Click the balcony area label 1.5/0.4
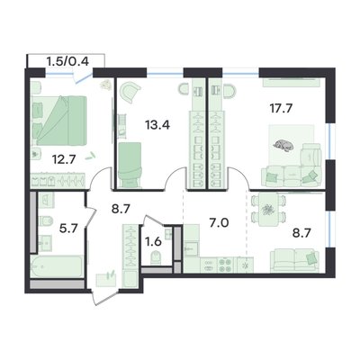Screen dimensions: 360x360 (67, 61)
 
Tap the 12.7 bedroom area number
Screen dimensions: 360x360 (64, 159)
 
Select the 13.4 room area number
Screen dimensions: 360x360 (157, 124)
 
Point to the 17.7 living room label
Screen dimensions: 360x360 (281, 108)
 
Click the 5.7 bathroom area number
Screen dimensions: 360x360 (69, 229)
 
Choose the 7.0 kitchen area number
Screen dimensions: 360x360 (220, 223)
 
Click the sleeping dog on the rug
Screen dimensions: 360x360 (283, 145)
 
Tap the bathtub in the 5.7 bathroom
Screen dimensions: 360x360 (57, 266)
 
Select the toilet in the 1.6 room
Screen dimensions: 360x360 (156, 257)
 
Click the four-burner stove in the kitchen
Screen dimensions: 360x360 (225, 265)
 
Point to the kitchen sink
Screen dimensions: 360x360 (191, 247)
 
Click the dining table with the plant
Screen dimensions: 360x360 (268, 210)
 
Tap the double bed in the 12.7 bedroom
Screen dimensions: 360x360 (59, 121)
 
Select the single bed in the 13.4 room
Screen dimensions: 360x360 (130, 164)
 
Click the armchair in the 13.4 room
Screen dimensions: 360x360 (130, 92)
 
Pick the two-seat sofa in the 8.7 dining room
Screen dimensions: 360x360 (294, 260)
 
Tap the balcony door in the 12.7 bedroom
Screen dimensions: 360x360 (83, 76)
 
